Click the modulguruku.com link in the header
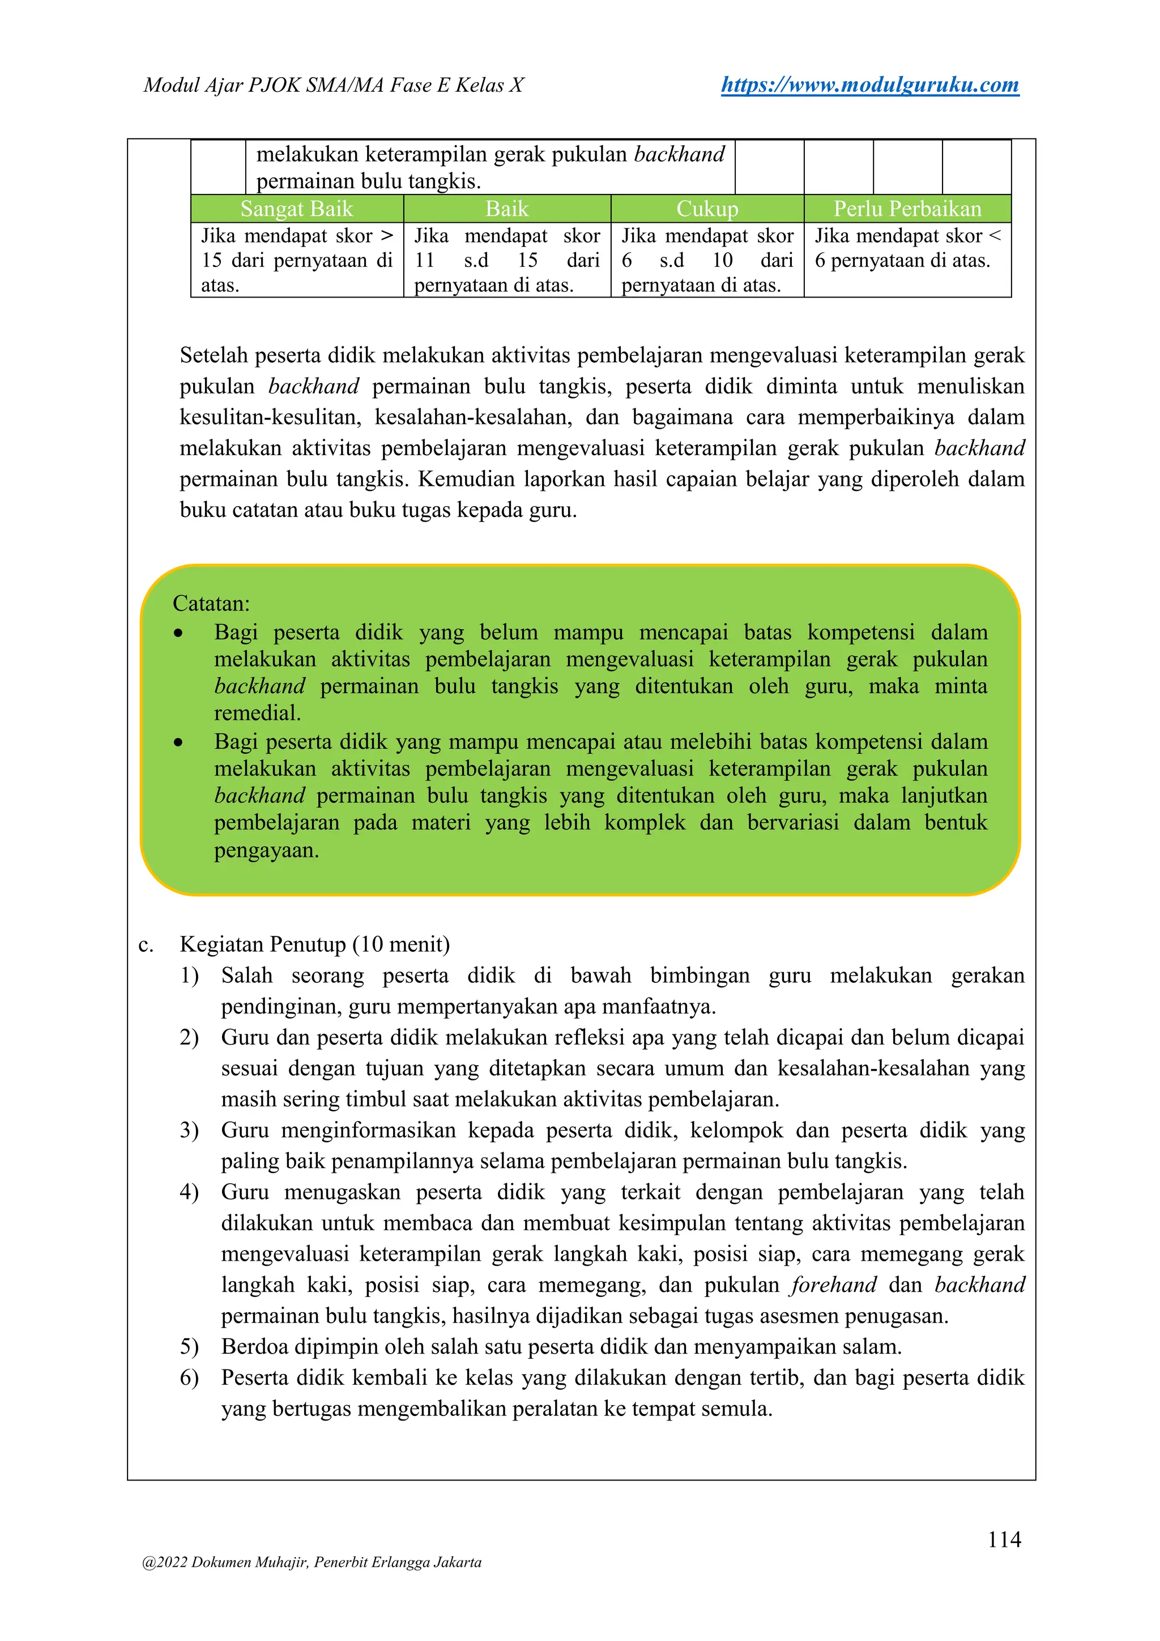point(869,85)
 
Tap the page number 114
point(1004,1539)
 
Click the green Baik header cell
point(506,209)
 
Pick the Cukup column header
point(706,209)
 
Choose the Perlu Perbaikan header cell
point(907,209)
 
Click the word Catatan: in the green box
point(211,604)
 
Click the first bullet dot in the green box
point(178,633)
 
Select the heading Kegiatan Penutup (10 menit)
point(314,944)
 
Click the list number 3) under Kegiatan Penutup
point(189,1130)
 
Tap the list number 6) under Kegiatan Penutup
point(189,1377)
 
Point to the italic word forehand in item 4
point(833,1284)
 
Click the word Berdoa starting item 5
point(254,1347)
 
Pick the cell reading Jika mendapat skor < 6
point(907,248)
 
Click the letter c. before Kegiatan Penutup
point(146,945)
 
